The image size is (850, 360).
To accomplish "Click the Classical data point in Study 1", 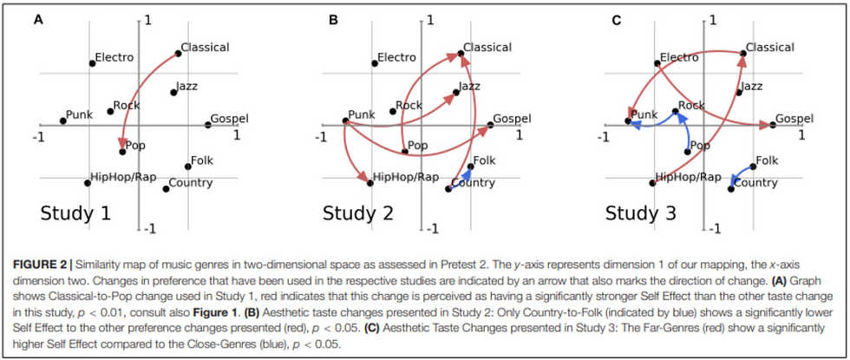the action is point(179,53).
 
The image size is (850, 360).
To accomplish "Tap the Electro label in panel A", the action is point(114,57).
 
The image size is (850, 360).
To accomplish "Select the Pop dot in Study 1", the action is point(122,151).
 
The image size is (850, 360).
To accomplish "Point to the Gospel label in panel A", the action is point(229,119).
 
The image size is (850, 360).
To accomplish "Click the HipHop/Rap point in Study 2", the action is point(370,183).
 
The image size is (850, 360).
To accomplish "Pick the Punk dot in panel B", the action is point(345,121).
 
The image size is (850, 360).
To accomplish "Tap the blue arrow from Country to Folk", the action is point(461,177).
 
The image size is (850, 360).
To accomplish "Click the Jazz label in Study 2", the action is point(469,86).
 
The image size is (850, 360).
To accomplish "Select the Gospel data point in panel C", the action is point(773,125).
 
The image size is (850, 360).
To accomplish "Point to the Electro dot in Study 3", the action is point(657,63).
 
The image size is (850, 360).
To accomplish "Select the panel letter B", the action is point(334,21).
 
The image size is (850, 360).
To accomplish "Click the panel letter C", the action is point(616,21).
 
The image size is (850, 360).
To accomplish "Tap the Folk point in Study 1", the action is point(188,167).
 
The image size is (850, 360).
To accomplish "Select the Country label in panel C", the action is point(756,183).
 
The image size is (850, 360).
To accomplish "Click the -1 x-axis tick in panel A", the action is point(38,137).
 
